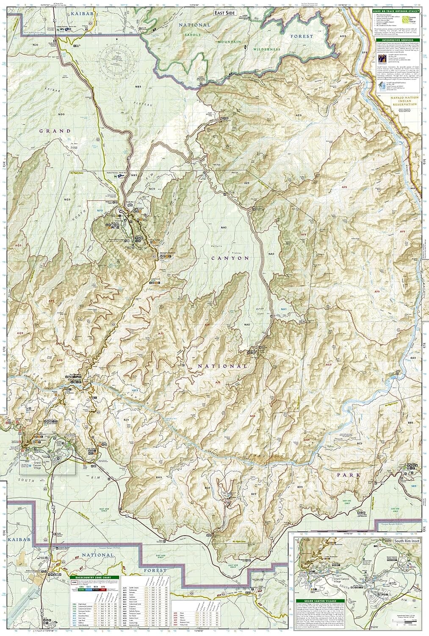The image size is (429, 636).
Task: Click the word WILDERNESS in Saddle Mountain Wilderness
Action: click(267, 49)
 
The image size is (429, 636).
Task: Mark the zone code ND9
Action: click(62, 114)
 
